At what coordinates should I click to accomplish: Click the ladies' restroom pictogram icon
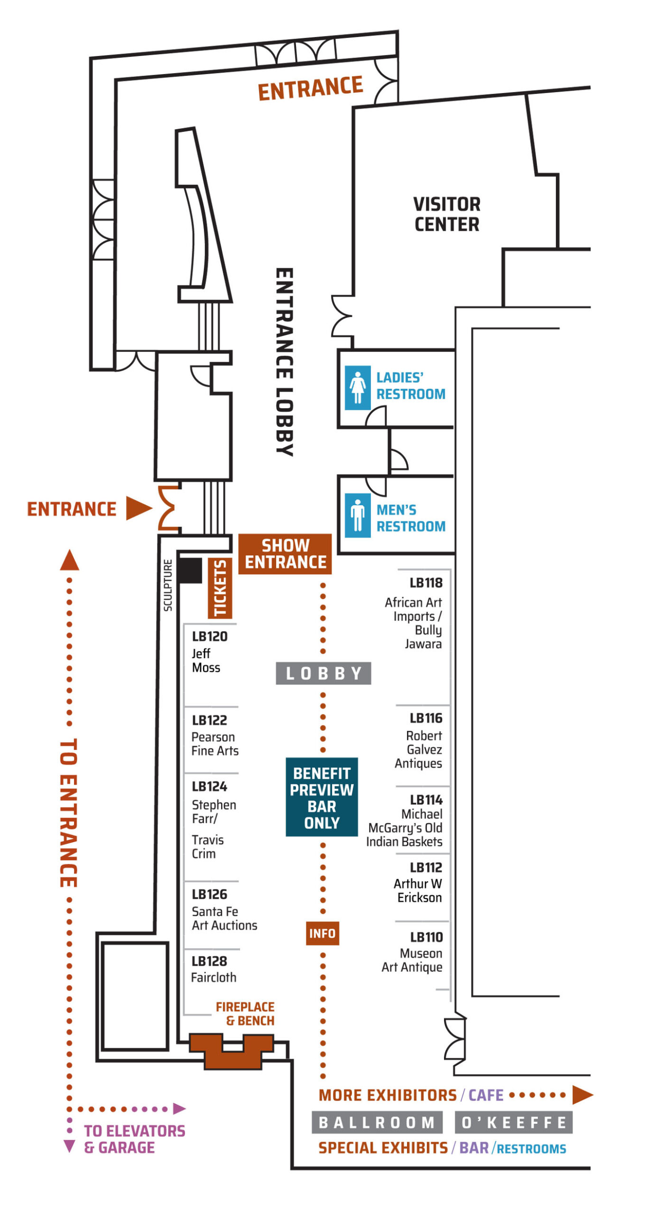pos(357,387)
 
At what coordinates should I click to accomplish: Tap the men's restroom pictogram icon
pos(357,515)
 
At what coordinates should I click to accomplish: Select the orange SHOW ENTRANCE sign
pos(285,553)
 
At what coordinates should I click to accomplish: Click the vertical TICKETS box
pos(220,588)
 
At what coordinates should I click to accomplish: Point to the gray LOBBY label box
pos(324,673)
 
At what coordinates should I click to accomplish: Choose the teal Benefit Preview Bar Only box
pos(322,797)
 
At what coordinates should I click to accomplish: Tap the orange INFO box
pos(323,933)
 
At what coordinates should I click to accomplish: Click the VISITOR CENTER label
pos(447,214)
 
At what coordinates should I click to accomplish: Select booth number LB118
pos(426,582)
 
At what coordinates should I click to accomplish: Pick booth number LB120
pos(210,636)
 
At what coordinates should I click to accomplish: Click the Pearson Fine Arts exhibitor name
pos(215,743)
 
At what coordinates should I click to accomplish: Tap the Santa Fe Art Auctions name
pos(224,918)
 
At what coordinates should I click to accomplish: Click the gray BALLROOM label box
pos(377,1122)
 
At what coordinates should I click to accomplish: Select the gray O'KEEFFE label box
pos(514,1122)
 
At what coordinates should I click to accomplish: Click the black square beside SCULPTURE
pos(190,570)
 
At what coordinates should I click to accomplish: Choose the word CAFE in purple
pos(486,1095)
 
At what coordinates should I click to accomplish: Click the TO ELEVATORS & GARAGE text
pos(134,1139)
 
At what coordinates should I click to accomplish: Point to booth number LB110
pos(426,937)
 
